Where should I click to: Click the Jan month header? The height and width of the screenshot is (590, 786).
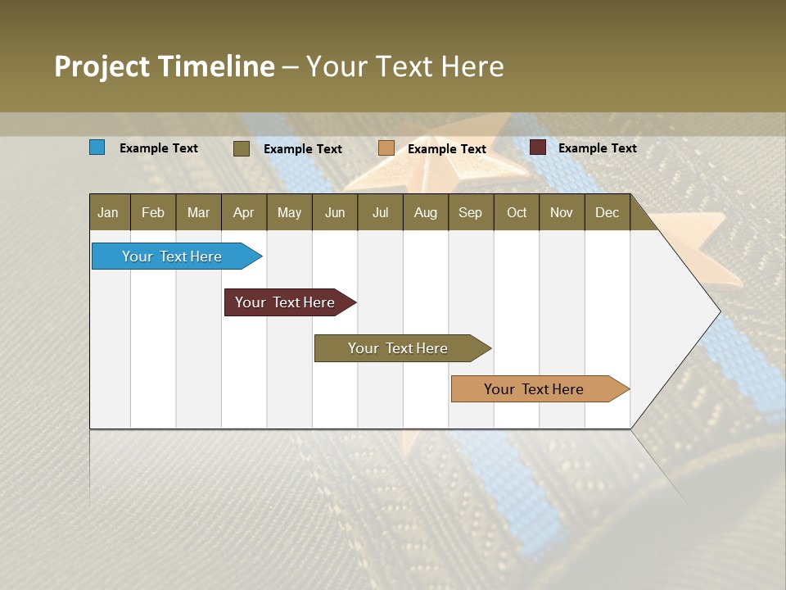[x=109, y=212]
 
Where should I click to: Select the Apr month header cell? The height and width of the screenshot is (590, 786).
[x=244, y=212]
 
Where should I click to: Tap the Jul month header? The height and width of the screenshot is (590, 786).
[x=380, y=212]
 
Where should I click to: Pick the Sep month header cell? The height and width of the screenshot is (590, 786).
[x=471, y=212]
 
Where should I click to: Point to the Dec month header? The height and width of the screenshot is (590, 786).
[x=607, y=212]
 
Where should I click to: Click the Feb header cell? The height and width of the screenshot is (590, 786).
[x=153, y=212]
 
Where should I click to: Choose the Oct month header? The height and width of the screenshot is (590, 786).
[x=517, y=212]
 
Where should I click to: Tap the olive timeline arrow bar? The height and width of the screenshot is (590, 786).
[x=399, y=348]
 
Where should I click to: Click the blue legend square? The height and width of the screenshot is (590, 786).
[x=97, y=147]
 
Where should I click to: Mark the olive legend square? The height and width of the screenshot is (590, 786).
[x=242, y=148]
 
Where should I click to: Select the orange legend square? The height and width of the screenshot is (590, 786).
[x=386, y=148]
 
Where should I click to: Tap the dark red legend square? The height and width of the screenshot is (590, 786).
[x=538, y=147]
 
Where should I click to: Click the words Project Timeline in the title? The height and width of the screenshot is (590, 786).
[x=165, y=66]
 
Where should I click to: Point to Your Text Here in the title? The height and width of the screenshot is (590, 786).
[x=405, y=66]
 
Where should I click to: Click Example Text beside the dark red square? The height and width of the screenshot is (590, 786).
[x=597, y=148]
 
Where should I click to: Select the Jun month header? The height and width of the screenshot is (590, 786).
[x=335, y=212]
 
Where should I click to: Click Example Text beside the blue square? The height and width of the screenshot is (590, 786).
[x=159, y=148]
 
